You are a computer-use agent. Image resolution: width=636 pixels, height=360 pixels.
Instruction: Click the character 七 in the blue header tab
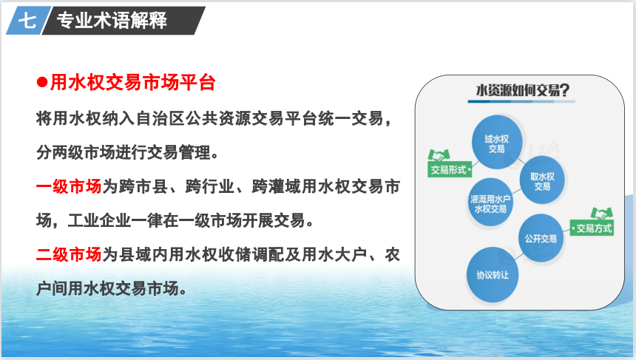click(27, 20)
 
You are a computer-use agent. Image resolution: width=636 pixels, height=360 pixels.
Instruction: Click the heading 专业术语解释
click(112, 20)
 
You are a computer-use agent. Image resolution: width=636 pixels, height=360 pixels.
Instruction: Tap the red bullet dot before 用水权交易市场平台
click(42, 83)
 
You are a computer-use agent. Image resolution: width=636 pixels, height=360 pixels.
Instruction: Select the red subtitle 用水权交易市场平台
click(132, 83)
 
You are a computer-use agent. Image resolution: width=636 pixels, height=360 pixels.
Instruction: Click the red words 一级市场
click(69, 187)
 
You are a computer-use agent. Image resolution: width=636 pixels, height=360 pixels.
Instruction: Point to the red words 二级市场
click(69, 255)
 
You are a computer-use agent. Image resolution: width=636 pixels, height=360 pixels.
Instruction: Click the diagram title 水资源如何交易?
click(522, 90)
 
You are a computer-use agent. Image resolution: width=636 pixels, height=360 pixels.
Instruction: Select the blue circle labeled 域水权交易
click(496, 142)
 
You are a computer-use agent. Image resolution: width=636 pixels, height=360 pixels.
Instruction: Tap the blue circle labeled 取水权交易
click(542, 181)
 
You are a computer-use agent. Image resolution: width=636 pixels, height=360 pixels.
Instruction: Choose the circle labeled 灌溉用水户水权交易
click(490, 203)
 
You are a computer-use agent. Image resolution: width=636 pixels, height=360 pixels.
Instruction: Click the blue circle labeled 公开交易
click(541, 238)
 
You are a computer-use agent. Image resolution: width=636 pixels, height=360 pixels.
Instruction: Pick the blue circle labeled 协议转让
click(493, 275)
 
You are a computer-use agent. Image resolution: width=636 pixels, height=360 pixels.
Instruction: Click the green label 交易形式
click(449, 169)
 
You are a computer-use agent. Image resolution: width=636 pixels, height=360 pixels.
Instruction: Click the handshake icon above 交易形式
click(439, 155)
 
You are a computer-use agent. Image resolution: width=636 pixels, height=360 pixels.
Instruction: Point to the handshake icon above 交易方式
click(601, 214)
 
